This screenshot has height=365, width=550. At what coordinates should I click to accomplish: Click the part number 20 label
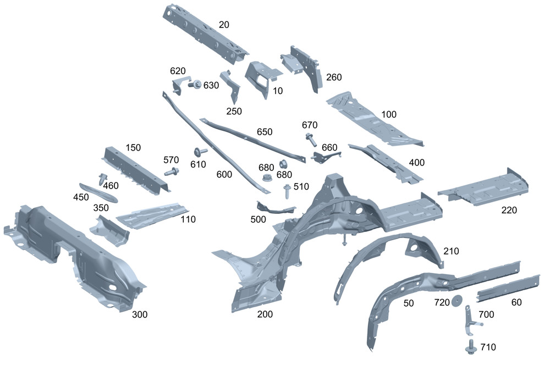click(224, 25)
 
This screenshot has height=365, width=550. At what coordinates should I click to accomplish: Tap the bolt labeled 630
click(195, 84)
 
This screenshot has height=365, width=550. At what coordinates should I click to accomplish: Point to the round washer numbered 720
click(457, 301)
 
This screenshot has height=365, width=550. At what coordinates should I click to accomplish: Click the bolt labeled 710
click(470, 346)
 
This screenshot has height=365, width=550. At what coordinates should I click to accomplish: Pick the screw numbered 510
click(287, 191)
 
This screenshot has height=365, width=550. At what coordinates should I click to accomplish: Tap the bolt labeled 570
click(172, 172)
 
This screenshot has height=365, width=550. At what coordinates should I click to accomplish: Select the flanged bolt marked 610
click(200, 152)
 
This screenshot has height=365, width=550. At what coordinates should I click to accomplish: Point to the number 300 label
click(140, 314)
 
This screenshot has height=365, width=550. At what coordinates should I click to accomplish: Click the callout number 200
click(265, 314)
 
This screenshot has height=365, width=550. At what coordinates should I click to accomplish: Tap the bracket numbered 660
click(324, 156)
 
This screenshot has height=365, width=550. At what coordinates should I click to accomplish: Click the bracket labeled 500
click(276, 208)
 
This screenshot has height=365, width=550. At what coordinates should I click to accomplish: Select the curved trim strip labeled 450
click(98, 192)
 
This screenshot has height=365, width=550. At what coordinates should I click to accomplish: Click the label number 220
click(509, 210)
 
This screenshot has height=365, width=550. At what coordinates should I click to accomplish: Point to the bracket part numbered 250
click(232, 86)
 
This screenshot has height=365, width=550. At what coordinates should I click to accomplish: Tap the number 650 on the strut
click(265, 132)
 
